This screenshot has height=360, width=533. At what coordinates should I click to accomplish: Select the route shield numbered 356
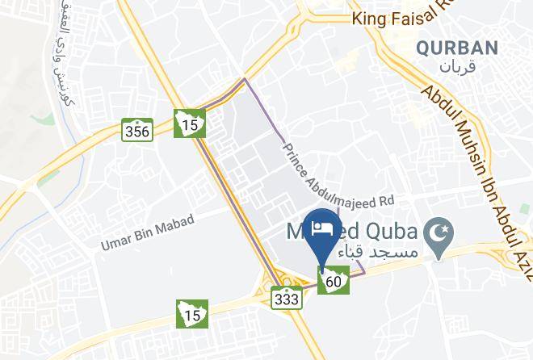coord(137,131)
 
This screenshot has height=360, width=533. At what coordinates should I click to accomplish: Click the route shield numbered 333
coord(287,299)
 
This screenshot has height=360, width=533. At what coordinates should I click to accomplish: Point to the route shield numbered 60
coord(334,282)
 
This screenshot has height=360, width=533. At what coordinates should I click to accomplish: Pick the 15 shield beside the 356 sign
coord(191,124)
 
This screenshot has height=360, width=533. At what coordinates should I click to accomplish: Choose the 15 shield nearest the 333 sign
coord(192,312)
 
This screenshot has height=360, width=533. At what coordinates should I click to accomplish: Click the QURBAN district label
coord(457,48)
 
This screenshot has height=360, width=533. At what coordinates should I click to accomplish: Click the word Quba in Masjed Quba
coord(391,232)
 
